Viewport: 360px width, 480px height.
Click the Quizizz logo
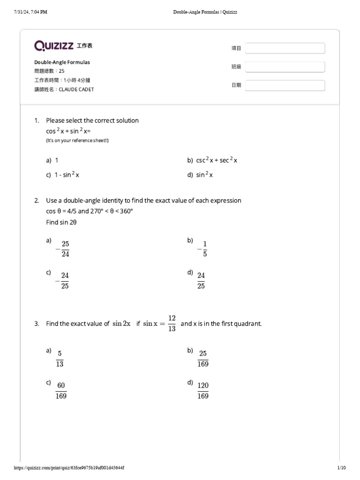point(53,45)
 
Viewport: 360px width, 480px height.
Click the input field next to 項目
point(285,48)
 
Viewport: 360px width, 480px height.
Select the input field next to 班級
point(285,67)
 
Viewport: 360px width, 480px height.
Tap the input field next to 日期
point(285,85)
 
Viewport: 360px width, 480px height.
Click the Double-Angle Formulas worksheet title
point(62,62)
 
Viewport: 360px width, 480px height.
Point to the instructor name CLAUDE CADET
point(76,89)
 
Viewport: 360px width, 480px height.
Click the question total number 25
point(61,71)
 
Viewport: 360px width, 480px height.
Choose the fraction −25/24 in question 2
point(63,249)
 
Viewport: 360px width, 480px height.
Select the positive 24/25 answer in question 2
point(201,280)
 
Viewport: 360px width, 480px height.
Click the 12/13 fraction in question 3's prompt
point(172,323)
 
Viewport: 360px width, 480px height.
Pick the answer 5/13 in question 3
point(60,359)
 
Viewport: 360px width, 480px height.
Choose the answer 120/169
point(203,390)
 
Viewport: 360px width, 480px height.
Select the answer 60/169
point(61,390)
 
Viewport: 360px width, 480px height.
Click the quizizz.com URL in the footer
point(69,468)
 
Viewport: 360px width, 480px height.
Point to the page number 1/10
point(341,468)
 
